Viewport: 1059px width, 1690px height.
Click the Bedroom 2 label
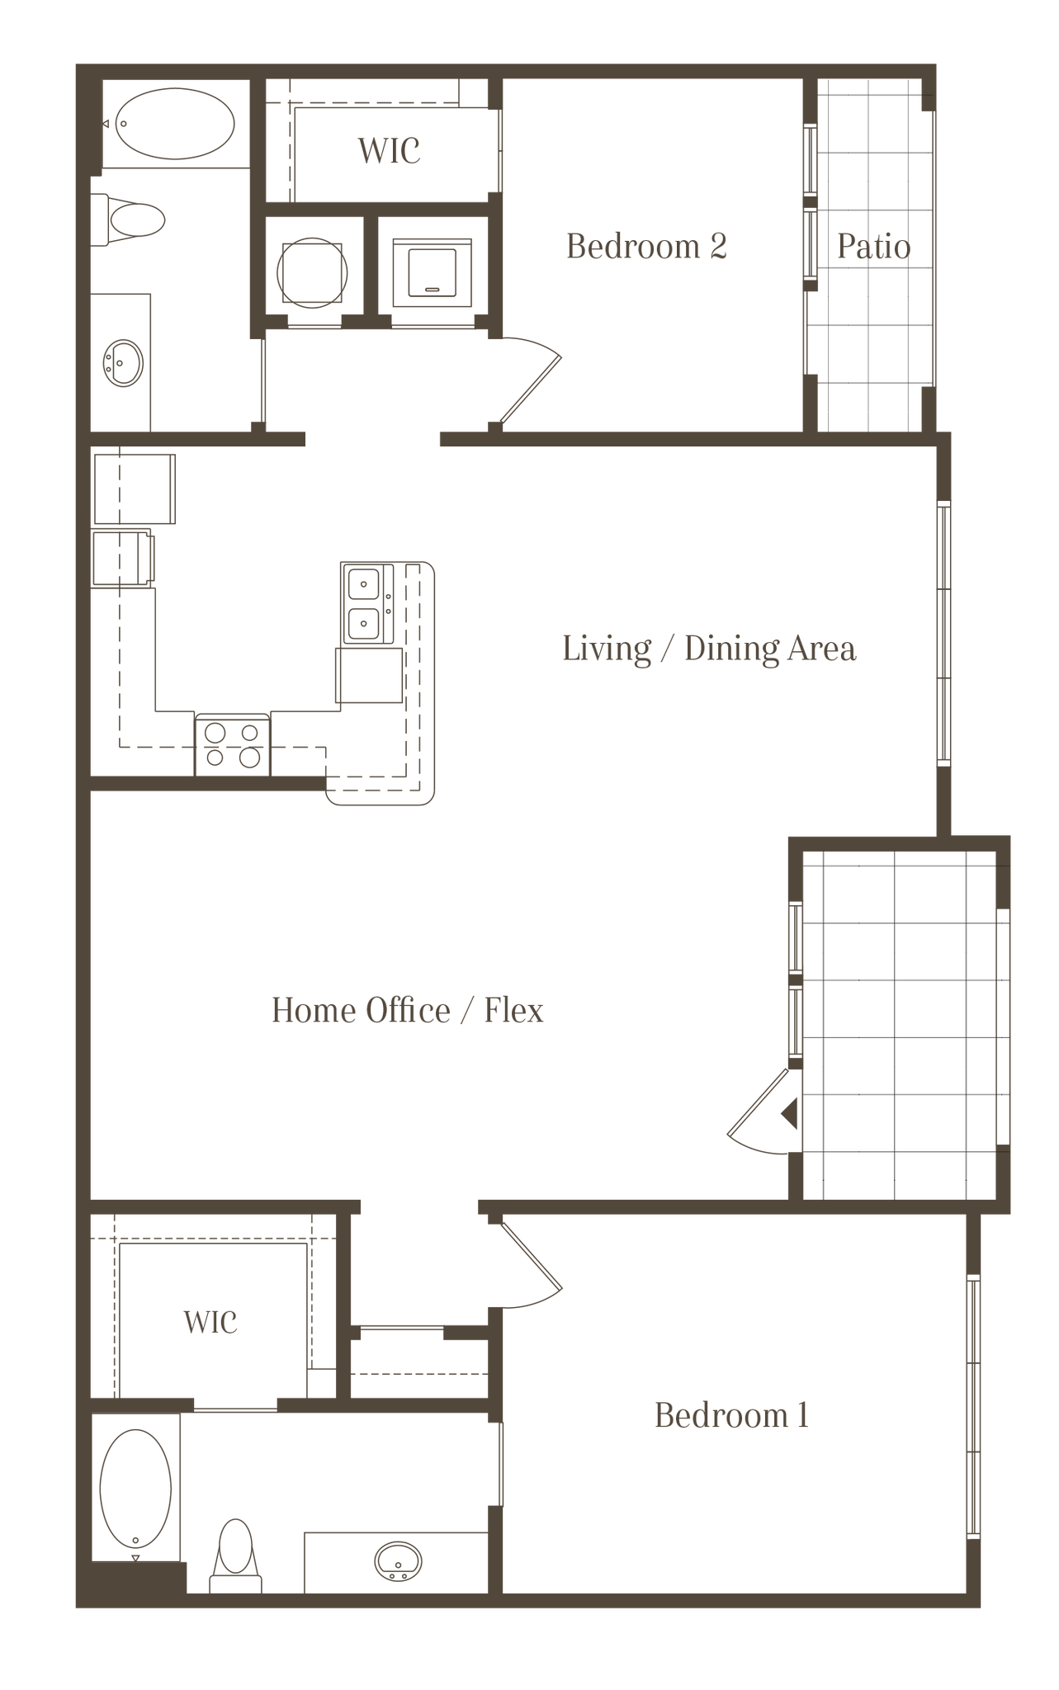[x=646, y=247]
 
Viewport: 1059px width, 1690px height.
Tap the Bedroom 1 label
[x=731, y=1416]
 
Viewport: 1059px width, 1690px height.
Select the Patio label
[x=873, y=247]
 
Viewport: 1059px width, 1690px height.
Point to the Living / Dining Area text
[x=709, y=649]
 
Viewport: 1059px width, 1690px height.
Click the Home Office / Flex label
[x=408, y=1010]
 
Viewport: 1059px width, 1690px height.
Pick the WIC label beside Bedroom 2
[x=390, y=151]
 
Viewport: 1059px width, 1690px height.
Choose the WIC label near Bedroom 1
[x=211, y=1322]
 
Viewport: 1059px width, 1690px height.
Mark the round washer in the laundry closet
[x=314, y=271]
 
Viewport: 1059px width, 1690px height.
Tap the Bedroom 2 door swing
[x=528, y=376]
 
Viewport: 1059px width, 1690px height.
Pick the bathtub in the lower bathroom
[x=137, y=1485]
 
